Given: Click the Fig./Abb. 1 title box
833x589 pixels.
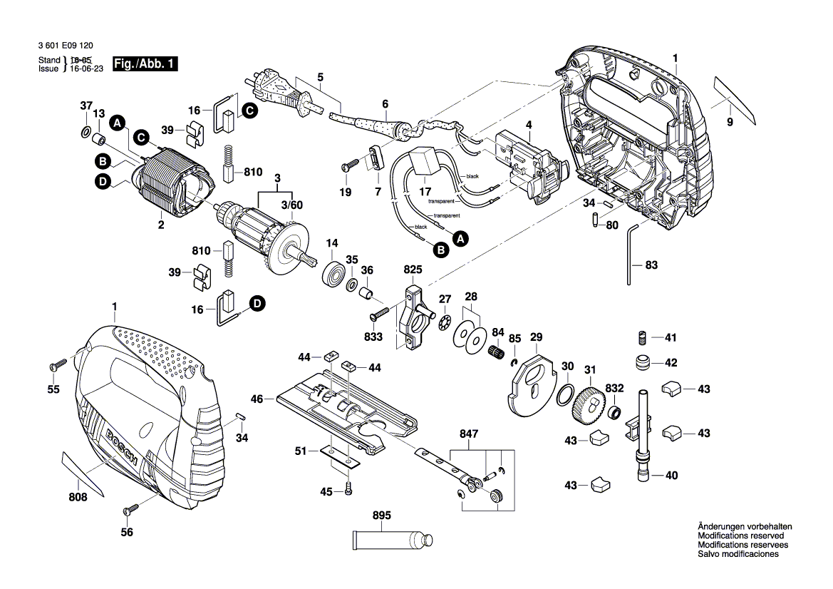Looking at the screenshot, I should point(150,64).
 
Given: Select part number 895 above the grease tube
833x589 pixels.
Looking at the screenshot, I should point(382,516).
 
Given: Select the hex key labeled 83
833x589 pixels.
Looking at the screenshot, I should point(631,253).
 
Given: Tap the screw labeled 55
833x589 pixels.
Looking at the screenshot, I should point(56,365).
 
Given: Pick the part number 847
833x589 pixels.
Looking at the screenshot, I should point(469,432).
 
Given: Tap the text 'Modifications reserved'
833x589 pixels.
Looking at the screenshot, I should point(740,536).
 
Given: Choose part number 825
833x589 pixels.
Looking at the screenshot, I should point(413,270).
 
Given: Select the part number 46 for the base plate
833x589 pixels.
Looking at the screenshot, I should point(257,399).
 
